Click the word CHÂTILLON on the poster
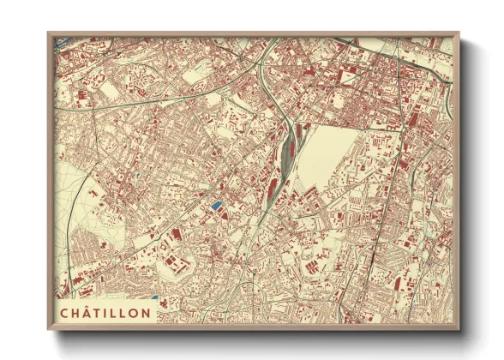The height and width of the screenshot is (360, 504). tap(105, 312)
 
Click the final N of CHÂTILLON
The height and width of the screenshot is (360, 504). tap(147, 312)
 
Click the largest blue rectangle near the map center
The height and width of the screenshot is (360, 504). tap(215, 205)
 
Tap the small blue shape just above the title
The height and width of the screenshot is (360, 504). tap(154, 297)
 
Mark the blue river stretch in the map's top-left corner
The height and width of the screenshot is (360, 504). tap(62, 39)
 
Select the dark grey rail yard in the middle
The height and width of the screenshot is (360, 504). tap(285, 154)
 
